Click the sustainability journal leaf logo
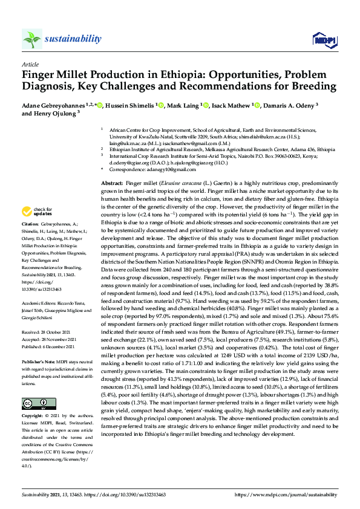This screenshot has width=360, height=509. (x=31, y=39)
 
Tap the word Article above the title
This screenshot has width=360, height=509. (x=30, y=63)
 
